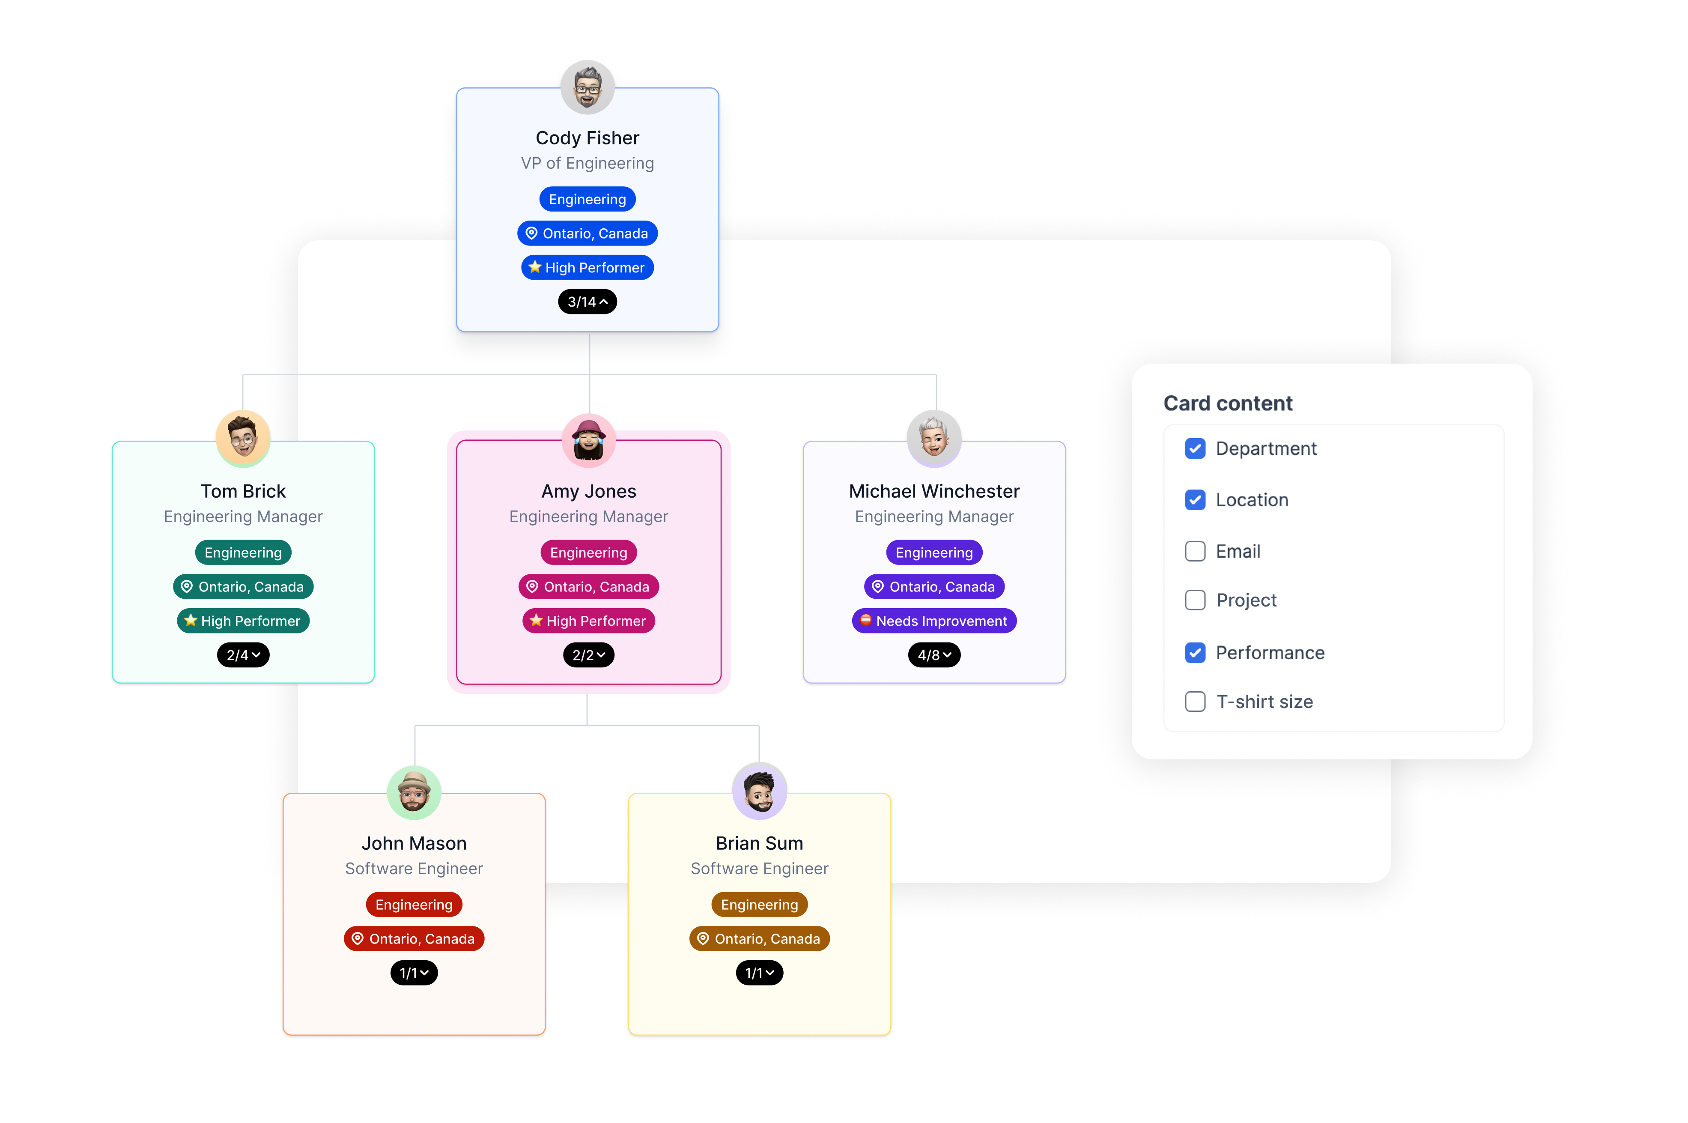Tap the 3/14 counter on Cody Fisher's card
(587, 302)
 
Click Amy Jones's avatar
(588, 440)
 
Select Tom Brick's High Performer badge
(243, 621)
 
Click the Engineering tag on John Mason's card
(414, 905)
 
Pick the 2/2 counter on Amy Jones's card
(588, 654)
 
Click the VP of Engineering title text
(587, 163)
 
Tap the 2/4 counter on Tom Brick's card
(243, 654)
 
